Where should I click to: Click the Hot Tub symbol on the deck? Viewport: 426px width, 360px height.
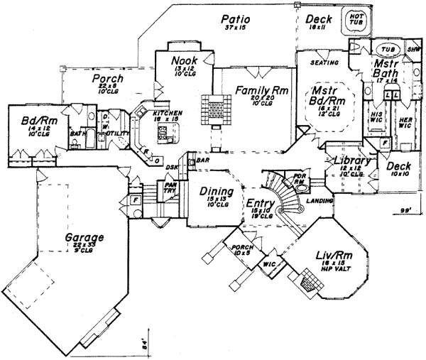coord(354,21)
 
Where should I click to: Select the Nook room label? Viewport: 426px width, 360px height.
coord(183,61)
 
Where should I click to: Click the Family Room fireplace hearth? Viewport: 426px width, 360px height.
coord(214,108)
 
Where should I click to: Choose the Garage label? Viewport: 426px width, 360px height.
coord(83,237)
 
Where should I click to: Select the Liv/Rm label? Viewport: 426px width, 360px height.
coord(331,254)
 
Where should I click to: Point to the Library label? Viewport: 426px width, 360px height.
coord(348,161)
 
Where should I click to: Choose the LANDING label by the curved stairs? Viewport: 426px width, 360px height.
coord(316,201)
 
